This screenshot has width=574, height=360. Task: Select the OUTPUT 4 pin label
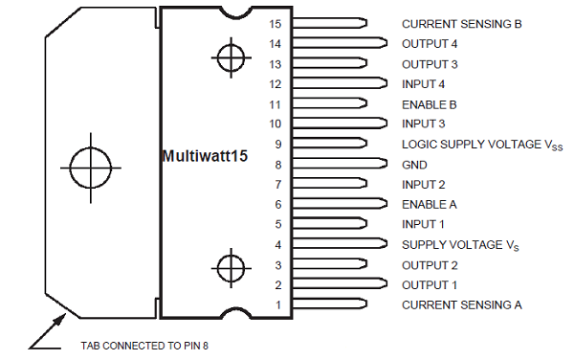pos(429,43)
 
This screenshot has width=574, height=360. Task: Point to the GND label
pos(413,164)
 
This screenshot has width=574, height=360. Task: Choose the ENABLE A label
pos(429,204)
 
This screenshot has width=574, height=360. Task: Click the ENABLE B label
pos(429,103)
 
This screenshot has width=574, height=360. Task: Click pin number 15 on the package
pos(276,23)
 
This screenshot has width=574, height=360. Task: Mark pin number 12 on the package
pos(276,83)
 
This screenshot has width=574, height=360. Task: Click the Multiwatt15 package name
pos(205,154)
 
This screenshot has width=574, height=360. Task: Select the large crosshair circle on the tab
pos(92,167)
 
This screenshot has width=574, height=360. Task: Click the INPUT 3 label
pos(424,124)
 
